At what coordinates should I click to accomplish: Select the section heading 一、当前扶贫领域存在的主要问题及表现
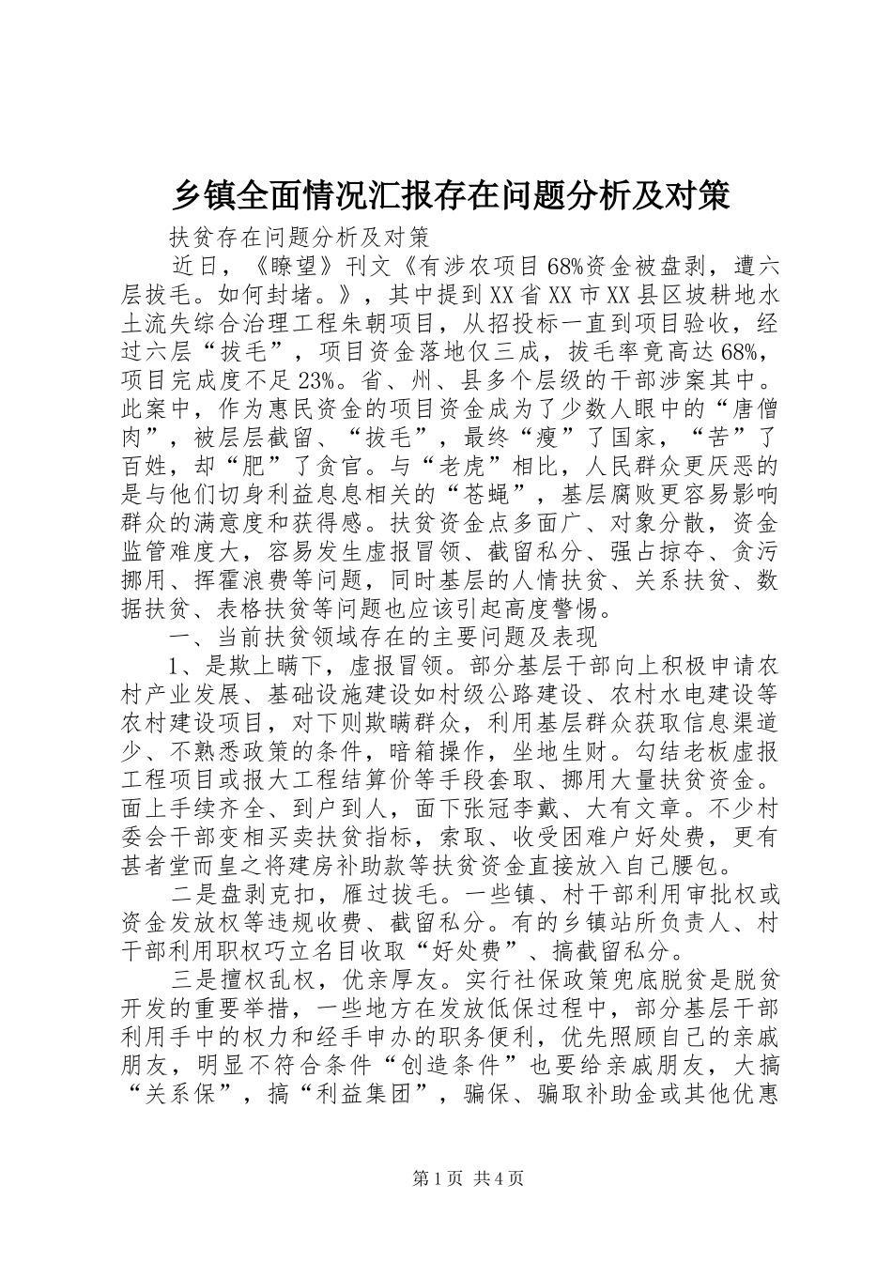382,638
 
